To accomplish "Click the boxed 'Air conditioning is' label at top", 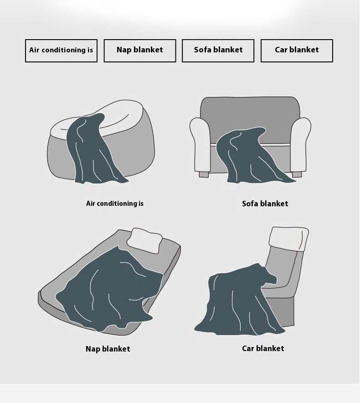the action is click(61, 51).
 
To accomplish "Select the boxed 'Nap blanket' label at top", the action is click(140, 51).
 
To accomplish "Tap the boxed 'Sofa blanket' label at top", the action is click(218, 51).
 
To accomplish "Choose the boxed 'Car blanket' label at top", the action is click(297, 51).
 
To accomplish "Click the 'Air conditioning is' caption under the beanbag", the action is click(115, 204).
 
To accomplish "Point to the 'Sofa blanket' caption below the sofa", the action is click(265, 204).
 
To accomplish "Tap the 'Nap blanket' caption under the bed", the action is click(108, 349).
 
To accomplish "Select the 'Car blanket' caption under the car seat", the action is click(263, 348).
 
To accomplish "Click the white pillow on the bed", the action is click(145, 241).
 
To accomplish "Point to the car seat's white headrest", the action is click(289, 239).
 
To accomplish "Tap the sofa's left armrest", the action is click(200, 145).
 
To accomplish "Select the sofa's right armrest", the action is click(300, 145).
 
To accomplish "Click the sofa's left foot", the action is click(204, 174).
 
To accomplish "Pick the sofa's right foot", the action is click(297, 174).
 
